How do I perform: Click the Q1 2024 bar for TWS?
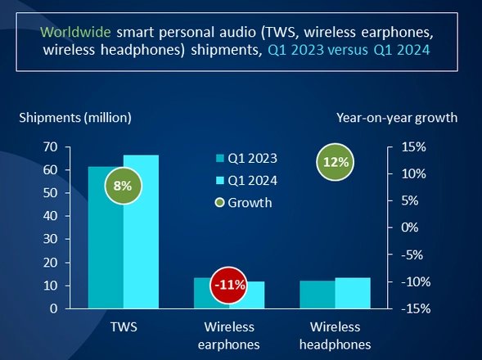(141, 232)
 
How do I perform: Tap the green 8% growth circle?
(123, 186)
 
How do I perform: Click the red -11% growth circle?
(229, 286)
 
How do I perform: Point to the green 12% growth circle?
(335, 162)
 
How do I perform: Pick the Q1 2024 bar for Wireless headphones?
(353, 293)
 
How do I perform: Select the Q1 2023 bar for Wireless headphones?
(318, 295)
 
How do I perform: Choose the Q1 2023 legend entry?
(247, 159)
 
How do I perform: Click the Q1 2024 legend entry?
(247, 181)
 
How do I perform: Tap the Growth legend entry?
(244, 203)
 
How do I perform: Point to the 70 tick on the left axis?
(51, 147)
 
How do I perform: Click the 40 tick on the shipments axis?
(51, 216)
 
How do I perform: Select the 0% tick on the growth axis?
(409, 227)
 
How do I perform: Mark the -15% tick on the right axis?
(416, 308)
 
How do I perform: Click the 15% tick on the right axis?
(413, 147)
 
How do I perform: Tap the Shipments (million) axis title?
(75, 118)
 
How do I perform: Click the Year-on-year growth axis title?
(397, 118)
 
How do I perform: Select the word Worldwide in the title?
(75, 32)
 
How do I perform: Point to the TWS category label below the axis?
(124, 326)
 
